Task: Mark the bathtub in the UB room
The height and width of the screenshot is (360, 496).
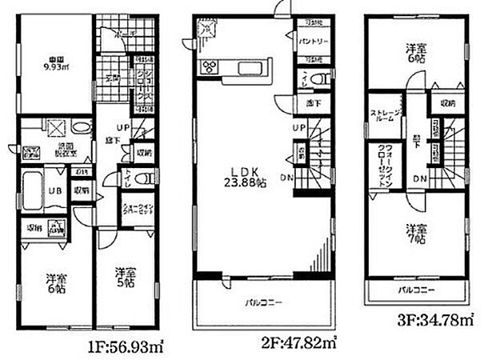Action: click(x=30, y=189)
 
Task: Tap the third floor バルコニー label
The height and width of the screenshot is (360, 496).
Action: click(x=417, y=290)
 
